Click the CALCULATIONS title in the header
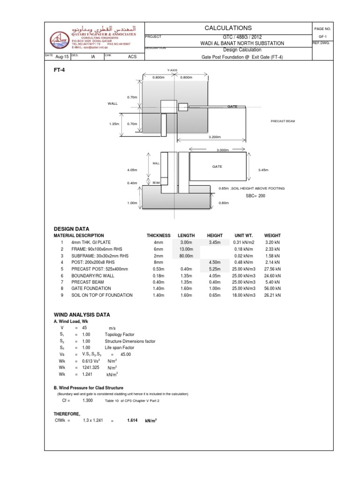tap(228, 28)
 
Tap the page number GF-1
tap(322, 36)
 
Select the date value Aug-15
tap(62, 57)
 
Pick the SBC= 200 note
tap(255, 196)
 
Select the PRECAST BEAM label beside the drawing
tap(283, 121)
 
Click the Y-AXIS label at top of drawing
tap(172, 70)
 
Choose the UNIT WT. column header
tap(244, 235)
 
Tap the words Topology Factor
tap(119, 335)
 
